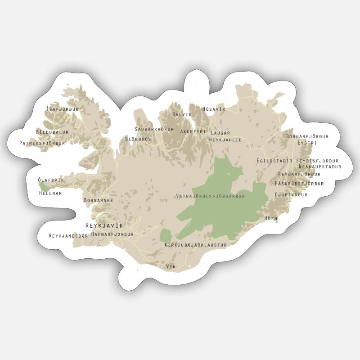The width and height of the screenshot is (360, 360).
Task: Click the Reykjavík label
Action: (104, 225)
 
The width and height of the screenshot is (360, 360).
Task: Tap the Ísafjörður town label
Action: (63, 109)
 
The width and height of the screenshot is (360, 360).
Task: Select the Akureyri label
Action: (193, 132)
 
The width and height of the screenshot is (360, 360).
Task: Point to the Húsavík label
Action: (214, 109)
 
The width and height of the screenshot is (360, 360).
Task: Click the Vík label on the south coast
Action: (171, 267)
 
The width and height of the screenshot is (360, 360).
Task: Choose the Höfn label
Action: (271, 218)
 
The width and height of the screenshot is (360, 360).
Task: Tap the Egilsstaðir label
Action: (274, 161)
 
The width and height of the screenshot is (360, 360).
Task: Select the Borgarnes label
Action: (98, 200)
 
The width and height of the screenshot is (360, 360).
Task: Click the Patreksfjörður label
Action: (42, 144)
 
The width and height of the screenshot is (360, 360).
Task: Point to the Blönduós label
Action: (138, 139)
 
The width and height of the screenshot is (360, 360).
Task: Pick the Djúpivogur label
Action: (291, 195)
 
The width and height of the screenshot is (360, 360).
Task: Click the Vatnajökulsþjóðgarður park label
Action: (211, 196)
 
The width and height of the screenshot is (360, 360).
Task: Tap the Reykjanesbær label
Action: (68, 236)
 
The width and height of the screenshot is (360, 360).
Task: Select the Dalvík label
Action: (182, 115)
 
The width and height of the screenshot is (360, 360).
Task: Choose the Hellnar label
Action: (50, 193)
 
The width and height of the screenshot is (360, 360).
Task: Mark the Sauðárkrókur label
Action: (154, 129)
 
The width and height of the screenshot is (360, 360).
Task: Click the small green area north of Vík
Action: (166, 235)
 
